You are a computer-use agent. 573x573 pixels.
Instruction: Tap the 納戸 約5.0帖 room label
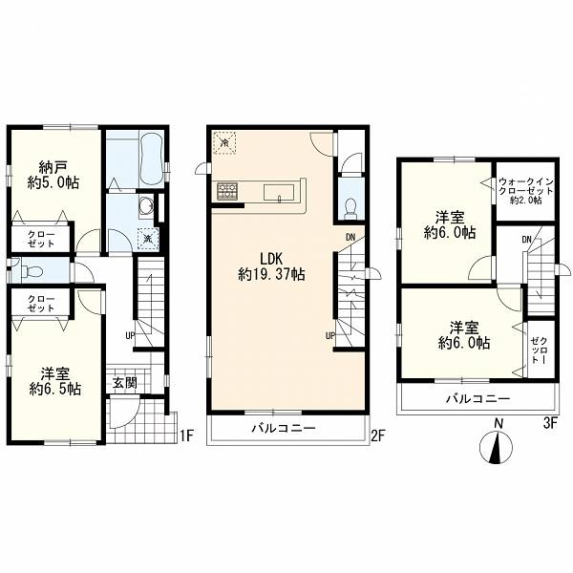pyautogui.click(x=53, y=176)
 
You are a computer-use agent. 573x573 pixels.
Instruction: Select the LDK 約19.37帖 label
pyautogui.click(x=271, y=266)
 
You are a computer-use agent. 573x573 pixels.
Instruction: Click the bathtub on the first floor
pyautogui.click(x=152, y=159)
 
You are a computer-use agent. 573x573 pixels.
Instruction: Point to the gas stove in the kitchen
pyautogui.click(x=227, y=191)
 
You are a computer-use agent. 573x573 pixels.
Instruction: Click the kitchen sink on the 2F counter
pyautogui.click(x=279, y=193)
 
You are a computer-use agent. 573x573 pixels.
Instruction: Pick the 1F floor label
pyautogui.click(x=185, y=435)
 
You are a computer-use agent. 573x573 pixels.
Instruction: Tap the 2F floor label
pyautogui.click(x=378, y=435)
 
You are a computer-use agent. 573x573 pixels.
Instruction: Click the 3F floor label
pyautogui.click(x=550, y=423)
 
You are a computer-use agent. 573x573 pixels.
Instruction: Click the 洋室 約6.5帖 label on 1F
pyautogui.click(x=54, y=381)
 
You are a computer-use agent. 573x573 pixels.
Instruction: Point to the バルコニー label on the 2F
pyautogui.click(x=284, y=428)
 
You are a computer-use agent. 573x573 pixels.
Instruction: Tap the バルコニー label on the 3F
pyautogui.click(x=477, y=398)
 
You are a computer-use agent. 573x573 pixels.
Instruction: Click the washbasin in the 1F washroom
pyautogui.click(x=147, y=206)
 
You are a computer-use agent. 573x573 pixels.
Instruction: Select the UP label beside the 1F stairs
pyautogui.click(x=130, y=335)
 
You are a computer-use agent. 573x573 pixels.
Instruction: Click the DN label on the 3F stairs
pyautogui.click(x=526, y=240)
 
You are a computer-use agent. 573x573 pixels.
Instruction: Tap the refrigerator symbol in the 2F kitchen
pyautogui.click(x=224, y=142)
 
